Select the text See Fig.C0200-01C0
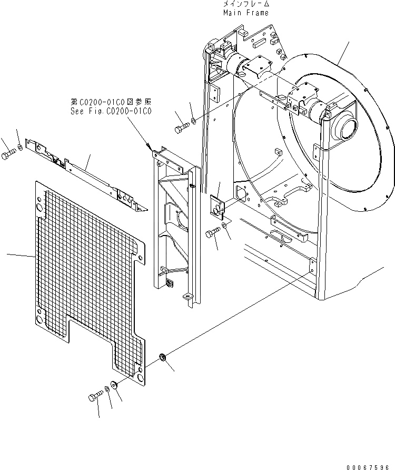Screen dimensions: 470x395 click(111, 111)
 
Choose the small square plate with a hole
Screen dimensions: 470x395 click(217, 205)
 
